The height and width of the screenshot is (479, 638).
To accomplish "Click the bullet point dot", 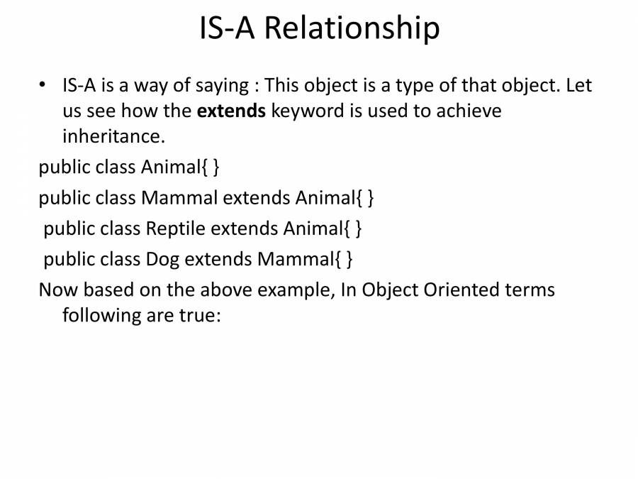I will point(43,85).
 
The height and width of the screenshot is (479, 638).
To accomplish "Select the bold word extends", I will point(231,111).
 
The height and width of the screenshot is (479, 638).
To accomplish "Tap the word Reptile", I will point(176,229).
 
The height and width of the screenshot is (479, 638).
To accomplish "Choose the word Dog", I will point(163,260).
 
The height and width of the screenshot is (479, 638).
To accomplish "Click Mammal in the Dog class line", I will point(294,260).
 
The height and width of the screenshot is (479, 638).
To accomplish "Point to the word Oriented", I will point(463,290).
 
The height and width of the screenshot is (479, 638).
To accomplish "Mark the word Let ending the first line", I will point(578,86).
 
